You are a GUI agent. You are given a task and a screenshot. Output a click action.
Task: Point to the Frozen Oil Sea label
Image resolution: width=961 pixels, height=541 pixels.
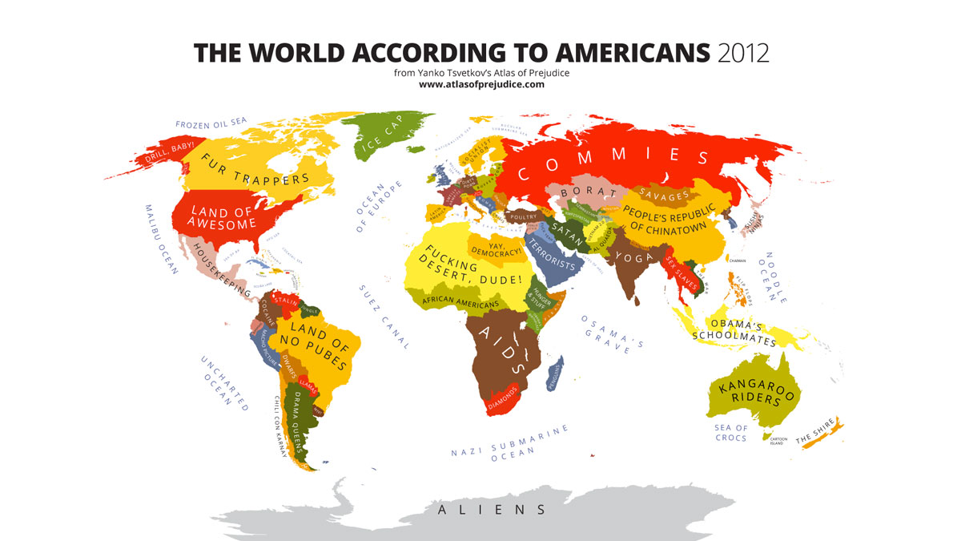(x=211, y=123)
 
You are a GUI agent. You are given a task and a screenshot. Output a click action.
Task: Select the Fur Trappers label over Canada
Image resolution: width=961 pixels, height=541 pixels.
(x=255, y=169)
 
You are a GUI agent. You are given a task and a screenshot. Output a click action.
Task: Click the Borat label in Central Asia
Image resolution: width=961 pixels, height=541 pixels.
(x=582, y=192)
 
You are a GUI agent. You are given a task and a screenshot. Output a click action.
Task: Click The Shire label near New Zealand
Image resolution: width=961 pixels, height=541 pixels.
(x=815, y=434)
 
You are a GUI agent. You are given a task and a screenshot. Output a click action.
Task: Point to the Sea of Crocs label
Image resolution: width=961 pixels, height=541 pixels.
(x=730, y=433)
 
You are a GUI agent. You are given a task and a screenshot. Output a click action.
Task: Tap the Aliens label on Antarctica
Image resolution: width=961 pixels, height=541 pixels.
(x=491, y=509)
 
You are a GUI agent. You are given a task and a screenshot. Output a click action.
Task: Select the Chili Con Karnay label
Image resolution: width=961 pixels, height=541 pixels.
(x=281, y=429)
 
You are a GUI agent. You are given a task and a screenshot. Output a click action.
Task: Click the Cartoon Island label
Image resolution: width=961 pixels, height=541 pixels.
(x=778, y=442)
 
